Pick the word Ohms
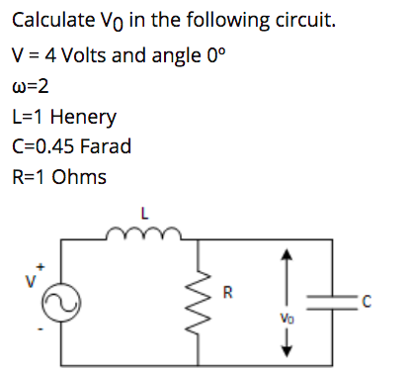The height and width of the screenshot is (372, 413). pos(81,178)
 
